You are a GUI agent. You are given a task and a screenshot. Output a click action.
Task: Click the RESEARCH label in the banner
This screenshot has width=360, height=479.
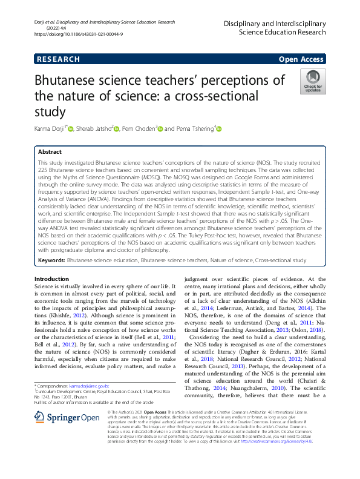(59, 59)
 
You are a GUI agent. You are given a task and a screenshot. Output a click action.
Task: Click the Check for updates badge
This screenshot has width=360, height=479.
(313, 81)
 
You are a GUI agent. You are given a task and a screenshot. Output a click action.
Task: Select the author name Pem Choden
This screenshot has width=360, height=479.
(139, 128)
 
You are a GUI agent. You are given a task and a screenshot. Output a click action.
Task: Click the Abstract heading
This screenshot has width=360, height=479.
(50, 153)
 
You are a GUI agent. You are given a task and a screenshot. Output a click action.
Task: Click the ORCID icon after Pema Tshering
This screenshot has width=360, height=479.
(219, 128)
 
